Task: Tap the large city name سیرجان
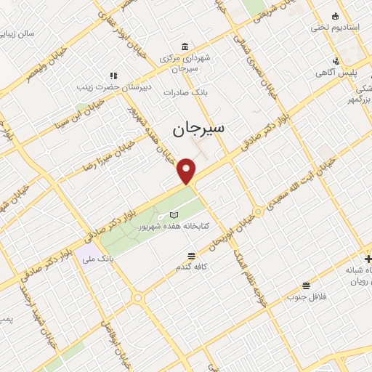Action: [198, 129]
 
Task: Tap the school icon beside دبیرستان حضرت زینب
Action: [113, 75]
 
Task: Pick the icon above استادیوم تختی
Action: [335, 16]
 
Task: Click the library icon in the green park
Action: [173, 214]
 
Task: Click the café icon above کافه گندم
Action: [191, 255]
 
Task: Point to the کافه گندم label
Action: [191, 267]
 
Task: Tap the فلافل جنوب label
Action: [306, 297]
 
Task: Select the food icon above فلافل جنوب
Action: [306, 286]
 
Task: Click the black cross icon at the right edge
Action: [368, 259]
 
